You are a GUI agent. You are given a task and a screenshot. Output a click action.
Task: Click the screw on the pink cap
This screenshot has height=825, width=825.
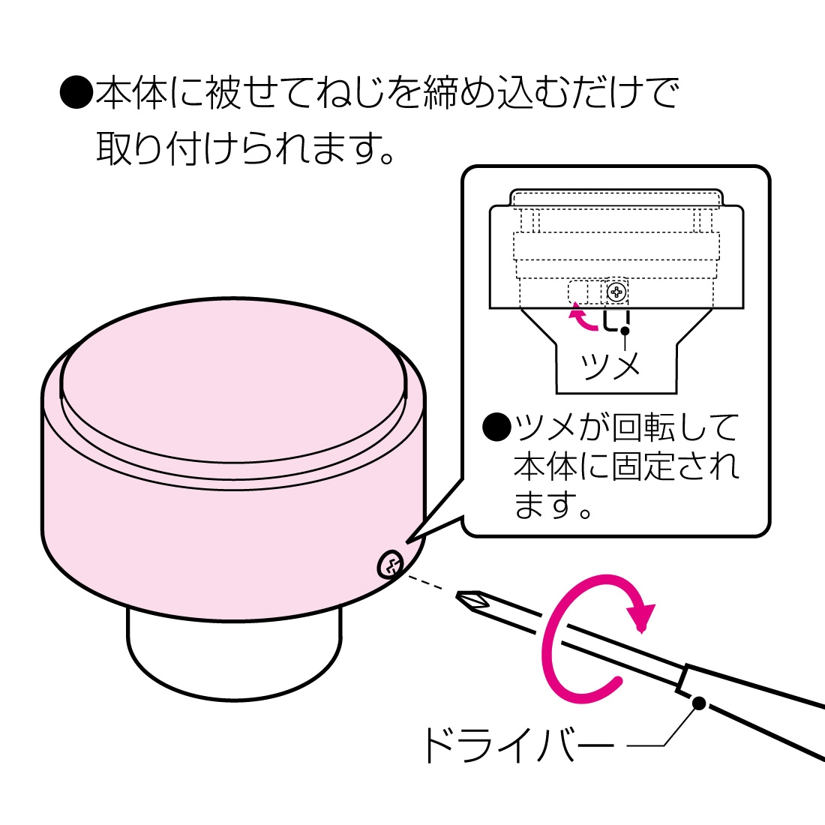pyautogui.click(x=391, y=564)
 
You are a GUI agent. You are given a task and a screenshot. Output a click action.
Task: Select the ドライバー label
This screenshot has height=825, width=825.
pyautogui.click(x=518, y=745)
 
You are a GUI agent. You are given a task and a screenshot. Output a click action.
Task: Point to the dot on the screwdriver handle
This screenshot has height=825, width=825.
pyautogui.click(x=699, y=703)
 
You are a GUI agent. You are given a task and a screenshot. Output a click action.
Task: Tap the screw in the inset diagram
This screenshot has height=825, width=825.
pyautogui.click(x=616, y=291)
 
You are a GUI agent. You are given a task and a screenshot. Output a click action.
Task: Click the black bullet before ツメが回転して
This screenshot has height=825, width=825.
pyautogui.click(x=496, y=427)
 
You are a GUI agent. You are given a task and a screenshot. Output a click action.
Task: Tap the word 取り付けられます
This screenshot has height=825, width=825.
pyautogui.click(x=244, y=148)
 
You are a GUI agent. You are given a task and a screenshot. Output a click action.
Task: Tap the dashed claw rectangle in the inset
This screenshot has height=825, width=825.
pyautogui.click(x=578, y=292)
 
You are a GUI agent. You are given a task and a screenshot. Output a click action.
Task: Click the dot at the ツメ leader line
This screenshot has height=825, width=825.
pyautogui.click(x=624, y=330)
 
